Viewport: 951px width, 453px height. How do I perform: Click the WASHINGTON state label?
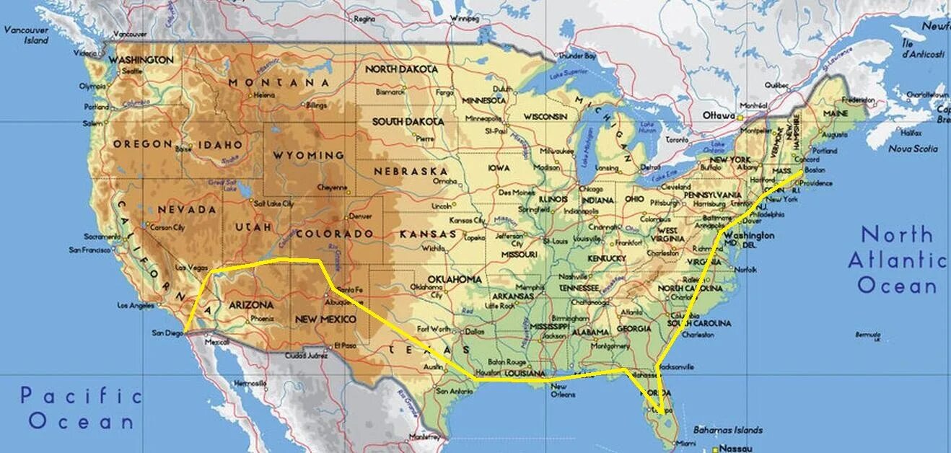(x=141, y=60)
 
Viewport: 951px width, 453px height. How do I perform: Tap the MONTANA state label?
(x=279, y=83)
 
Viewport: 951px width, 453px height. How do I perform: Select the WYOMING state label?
(x=308, y=155)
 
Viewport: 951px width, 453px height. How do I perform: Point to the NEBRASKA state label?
(x=411, y=171)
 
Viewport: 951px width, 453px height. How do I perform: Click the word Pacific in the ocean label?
(x=81, y=395)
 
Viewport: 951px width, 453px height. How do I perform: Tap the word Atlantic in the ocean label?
(x=896, y=260)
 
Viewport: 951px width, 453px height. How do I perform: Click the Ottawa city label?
(x=718, y=115)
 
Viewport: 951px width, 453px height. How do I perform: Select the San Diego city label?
(x=167, y=333)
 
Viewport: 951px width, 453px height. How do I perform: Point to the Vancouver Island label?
(x=26, y=35)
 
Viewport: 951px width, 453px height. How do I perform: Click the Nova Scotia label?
(x=913, y=149)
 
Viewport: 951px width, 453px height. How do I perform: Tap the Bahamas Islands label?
(x=727, y=430)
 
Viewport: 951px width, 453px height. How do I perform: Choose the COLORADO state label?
(x=334, y=234)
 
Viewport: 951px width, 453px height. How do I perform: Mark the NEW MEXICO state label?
(x=325, y=319)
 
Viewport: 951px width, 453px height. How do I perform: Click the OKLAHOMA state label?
(x=455, y=279)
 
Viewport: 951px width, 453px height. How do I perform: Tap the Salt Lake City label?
(x=273, y=203)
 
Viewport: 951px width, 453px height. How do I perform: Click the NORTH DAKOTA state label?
(x=401, y=69)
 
